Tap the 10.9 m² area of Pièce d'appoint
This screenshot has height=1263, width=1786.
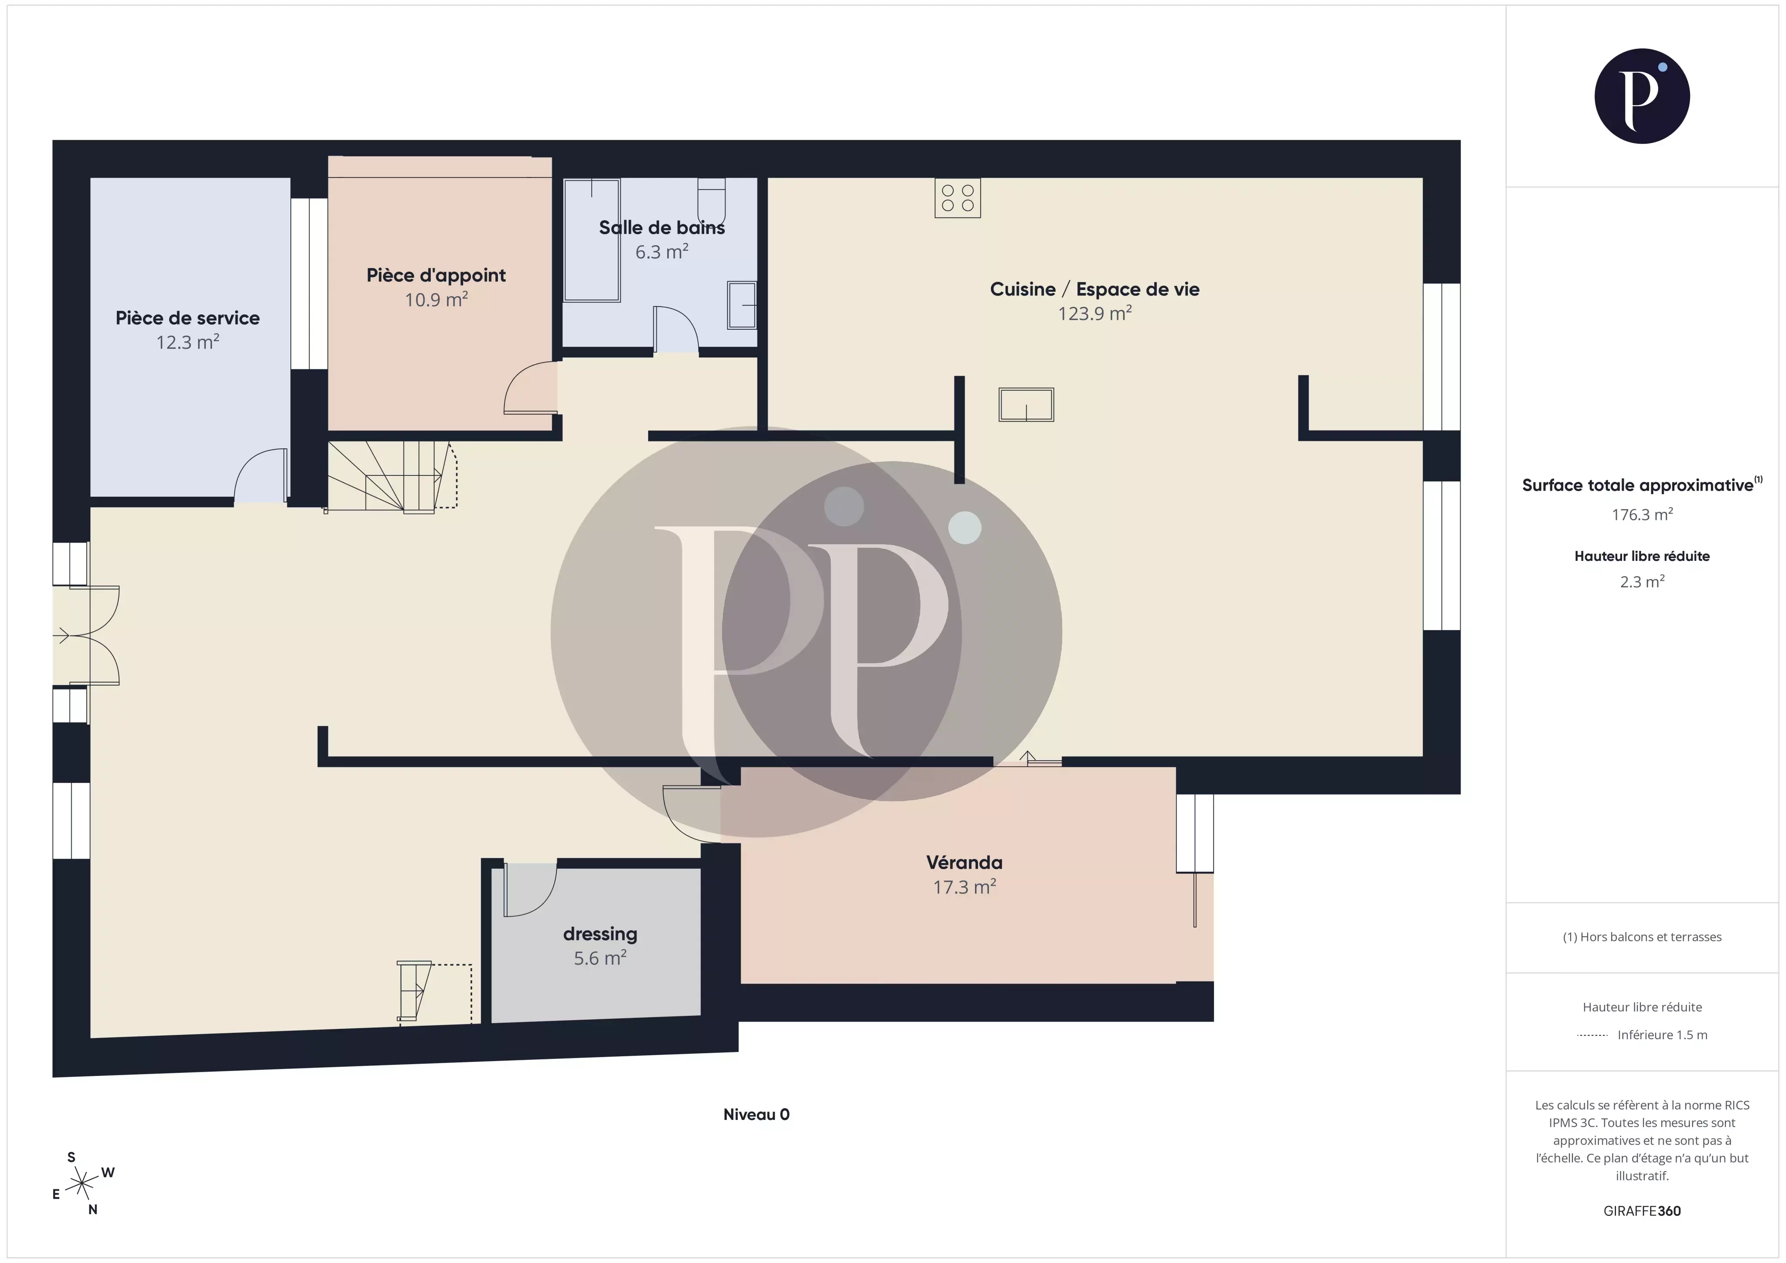[436, 300]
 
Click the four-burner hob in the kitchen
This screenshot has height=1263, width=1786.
[958, 198]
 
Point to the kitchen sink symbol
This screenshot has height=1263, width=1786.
[1026, 405]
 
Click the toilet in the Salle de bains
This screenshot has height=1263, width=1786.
[711, 201]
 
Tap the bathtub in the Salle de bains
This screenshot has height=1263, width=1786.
[592, 240]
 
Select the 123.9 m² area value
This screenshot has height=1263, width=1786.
[1094, 314]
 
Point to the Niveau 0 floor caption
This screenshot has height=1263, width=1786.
[756, 1114]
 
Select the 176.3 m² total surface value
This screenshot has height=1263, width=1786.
[1642, 514]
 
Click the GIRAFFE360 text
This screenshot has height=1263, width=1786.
[1642, 1211]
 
